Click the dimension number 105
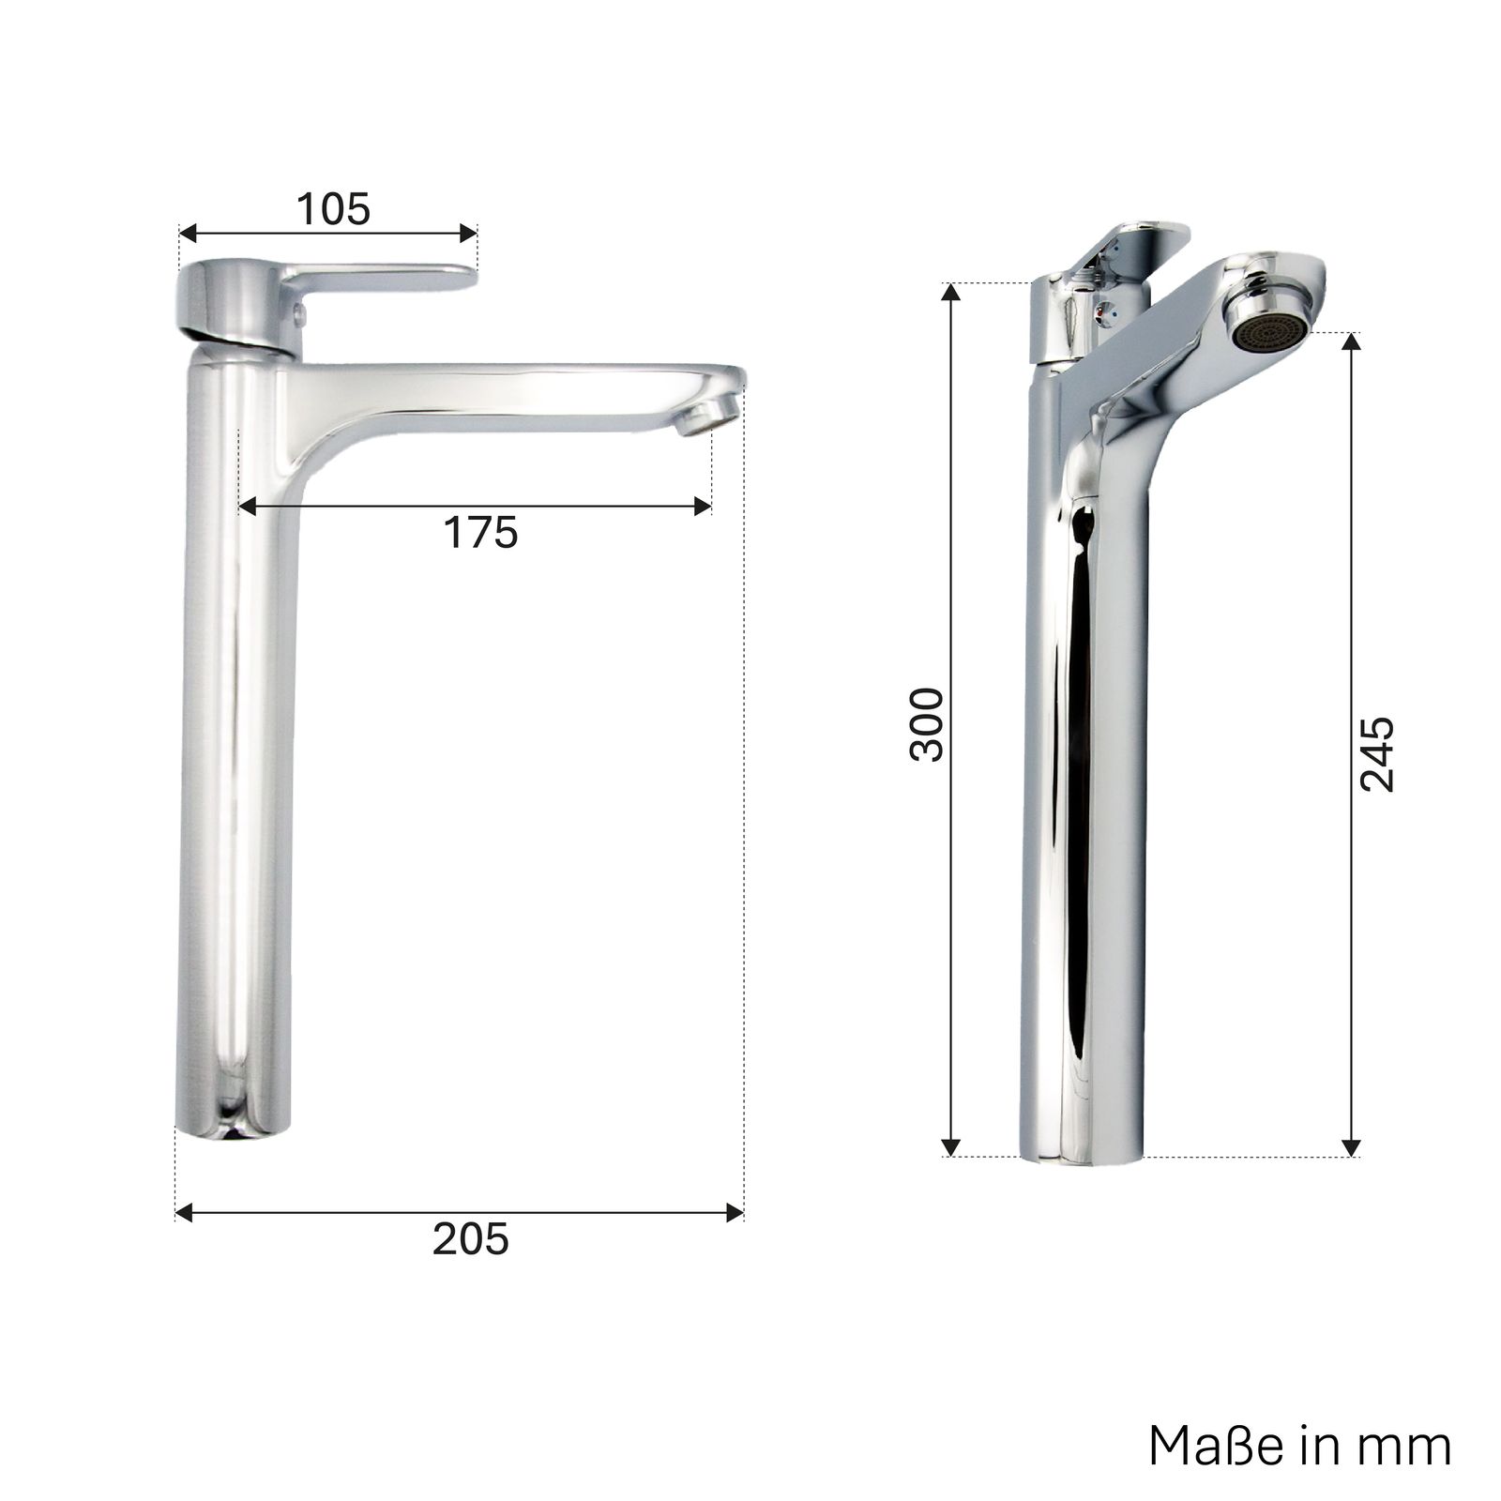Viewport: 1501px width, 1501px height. pos(334,209)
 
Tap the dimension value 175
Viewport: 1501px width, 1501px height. pos(480,533)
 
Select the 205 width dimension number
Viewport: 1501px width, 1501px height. pos(471,1239)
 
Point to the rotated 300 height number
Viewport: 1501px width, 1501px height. pos(928,723)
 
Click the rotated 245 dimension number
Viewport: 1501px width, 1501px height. pos(1377,754)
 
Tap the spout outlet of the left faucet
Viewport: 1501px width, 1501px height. pos(702,414)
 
